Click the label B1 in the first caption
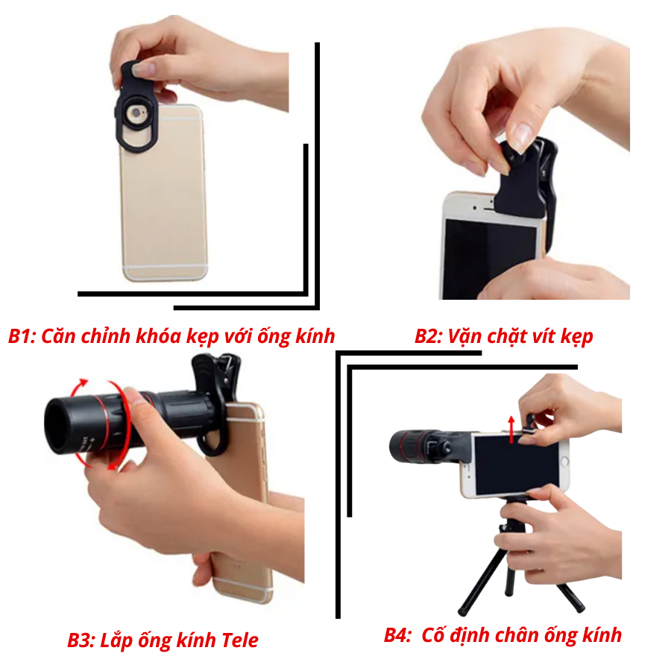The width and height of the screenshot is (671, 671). click(x=22, y=337)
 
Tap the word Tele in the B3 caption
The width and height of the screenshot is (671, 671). click(x=240, y=640)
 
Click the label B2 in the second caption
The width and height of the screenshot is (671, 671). click(x=429, y=337)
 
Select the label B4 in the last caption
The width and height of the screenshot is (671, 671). click(x=397, y=635)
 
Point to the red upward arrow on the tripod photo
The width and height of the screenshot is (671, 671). click(x=511, y=429)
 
